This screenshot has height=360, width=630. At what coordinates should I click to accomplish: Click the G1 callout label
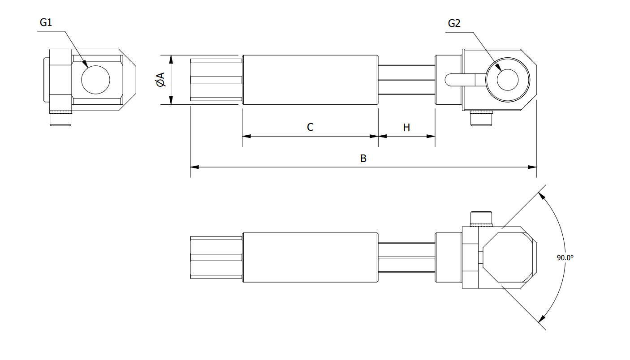coord(46,23)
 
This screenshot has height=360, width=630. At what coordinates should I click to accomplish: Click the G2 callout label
coord(454,23)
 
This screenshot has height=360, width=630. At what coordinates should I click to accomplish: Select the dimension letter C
coord(310,127)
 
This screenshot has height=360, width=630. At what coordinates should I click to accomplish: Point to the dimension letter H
coord(406,128)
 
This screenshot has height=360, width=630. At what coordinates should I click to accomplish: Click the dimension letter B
coord(363,159)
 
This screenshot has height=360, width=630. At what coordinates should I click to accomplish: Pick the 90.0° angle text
coord(565,257)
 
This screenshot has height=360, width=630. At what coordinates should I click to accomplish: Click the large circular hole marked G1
coord(95,80)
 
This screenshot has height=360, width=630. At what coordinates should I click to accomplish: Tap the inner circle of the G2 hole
coord(508,80)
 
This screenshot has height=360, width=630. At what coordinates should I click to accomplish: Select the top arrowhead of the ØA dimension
coord(171,59)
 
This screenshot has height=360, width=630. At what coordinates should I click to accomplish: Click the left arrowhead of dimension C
coord(246,136)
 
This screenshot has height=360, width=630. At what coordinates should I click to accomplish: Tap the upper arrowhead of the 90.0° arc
coord(542,195)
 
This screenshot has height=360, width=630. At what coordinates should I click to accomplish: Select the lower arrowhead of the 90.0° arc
coord(542,319)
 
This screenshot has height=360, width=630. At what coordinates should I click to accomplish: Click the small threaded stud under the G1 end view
coord(60,118)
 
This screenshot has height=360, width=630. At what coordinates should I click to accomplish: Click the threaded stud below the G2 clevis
coord(481,119)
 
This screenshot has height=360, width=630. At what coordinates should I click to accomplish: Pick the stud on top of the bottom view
coord(481,219)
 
